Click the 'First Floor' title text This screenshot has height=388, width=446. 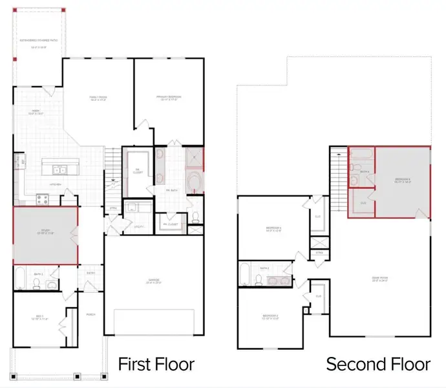tap(156, 364)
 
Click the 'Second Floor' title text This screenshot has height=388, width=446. tap(378, 364)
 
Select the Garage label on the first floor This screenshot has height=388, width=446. tap(153, 281)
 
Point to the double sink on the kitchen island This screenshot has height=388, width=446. tap(60, 171)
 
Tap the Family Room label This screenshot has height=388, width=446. tap(98, 99)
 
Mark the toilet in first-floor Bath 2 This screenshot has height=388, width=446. tap(53, 282)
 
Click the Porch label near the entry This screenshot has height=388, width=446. tap(91, 315)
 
